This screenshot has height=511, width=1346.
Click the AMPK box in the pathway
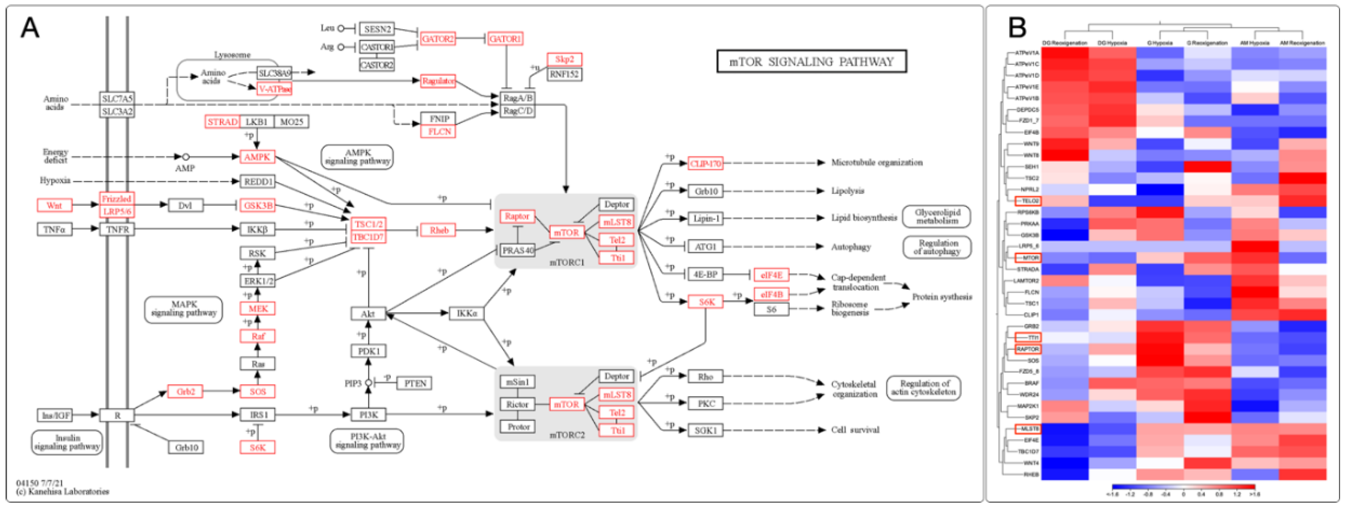point(257,157)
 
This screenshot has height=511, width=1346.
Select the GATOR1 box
point(505,39)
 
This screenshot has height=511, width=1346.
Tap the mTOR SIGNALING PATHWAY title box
point(811,62)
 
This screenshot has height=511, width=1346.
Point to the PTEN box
point(415,384)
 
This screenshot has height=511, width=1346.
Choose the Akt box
point(368,314)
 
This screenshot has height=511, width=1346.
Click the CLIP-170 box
point(705,163)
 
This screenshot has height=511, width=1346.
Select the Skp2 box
point(564,59)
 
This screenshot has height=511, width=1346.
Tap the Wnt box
point(54,206)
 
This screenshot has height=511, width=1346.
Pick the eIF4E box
point(771,275)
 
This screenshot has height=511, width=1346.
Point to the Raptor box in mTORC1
point(517,216)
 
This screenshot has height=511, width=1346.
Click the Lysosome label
point(232,55)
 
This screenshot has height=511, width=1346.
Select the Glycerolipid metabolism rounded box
point(937,217)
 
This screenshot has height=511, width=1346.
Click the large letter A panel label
point(30,28)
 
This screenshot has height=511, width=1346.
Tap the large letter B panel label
point(1017,28)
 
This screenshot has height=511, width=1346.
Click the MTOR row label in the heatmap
point(1028,258)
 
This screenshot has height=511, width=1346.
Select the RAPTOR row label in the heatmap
point(1027,349)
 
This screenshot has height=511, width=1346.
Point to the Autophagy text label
point(851,247)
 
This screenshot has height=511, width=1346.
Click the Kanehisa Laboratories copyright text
point(63,492)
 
